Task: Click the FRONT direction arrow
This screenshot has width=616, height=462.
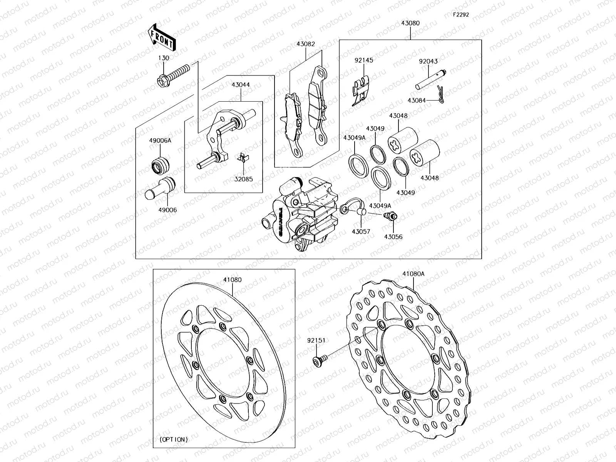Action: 161,37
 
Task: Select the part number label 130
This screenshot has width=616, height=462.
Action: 164,58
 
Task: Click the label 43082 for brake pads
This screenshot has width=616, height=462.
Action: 306,44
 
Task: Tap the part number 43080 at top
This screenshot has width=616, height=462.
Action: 410,23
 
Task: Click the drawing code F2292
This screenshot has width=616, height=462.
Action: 461,15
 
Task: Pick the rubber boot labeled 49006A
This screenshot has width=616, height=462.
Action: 160,165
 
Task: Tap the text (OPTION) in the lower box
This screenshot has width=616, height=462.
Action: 174,439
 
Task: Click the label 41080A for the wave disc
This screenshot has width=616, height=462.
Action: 413,274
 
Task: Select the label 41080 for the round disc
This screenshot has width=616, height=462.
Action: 233,280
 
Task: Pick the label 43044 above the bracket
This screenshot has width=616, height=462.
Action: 241,84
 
